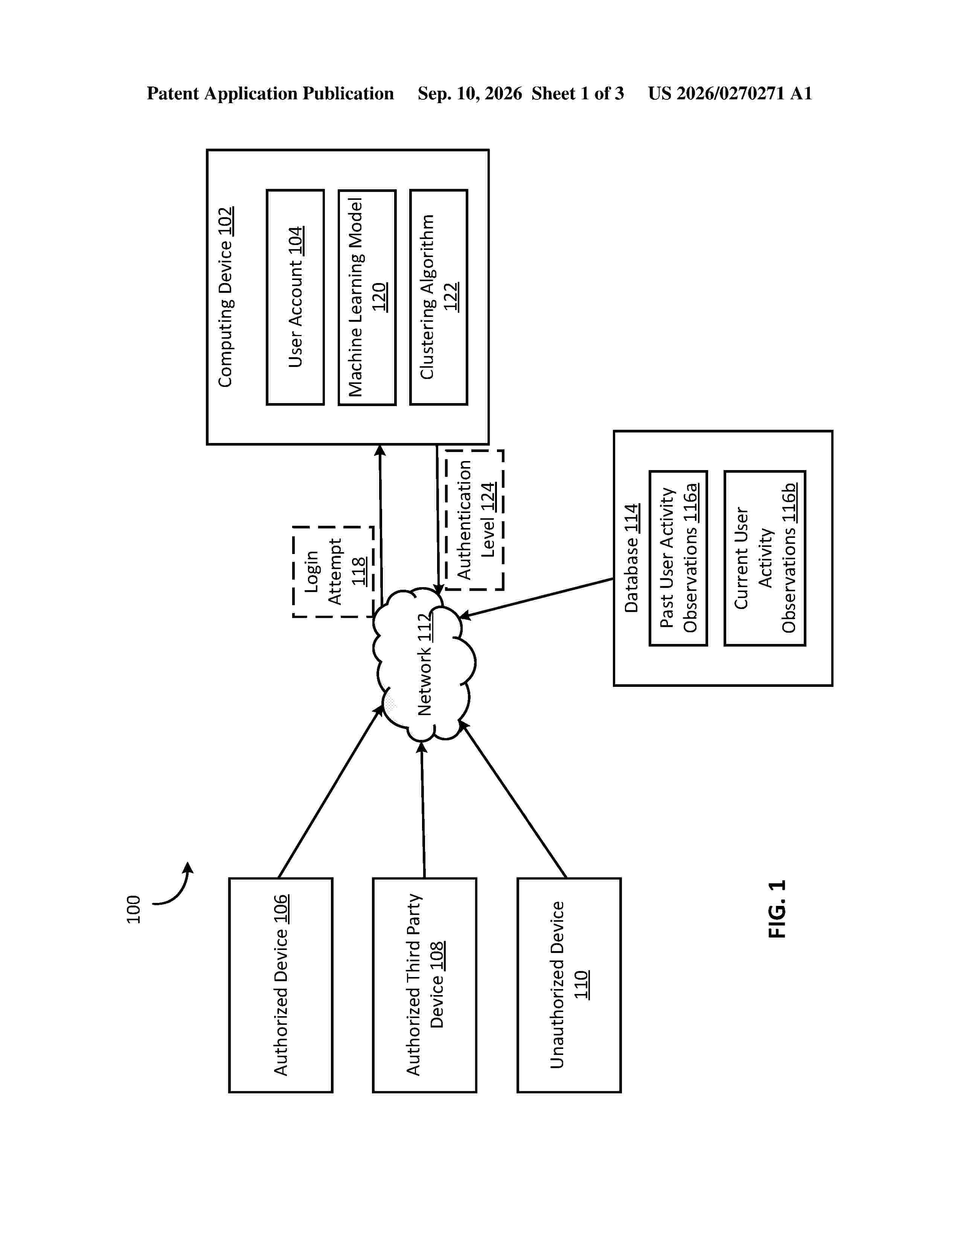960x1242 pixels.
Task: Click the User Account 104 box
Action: coord(295,297)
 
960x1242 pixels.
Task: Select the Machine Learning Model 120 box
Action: coord(367,297)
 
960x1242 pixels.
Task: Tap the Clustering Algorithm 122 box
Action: coord(439,297)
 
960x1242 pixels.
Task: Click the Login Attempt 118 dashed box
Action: coord(333,572)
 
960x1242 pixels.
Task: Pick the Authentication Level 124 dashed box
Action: coord(474,520)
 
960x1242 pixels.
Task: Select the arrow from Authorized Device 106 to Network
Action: coord(331,791)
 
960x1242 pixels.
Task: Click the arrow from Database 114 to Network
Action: coord(536,598)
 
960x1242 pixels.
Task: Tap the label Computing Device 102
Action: coord(226,297)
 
